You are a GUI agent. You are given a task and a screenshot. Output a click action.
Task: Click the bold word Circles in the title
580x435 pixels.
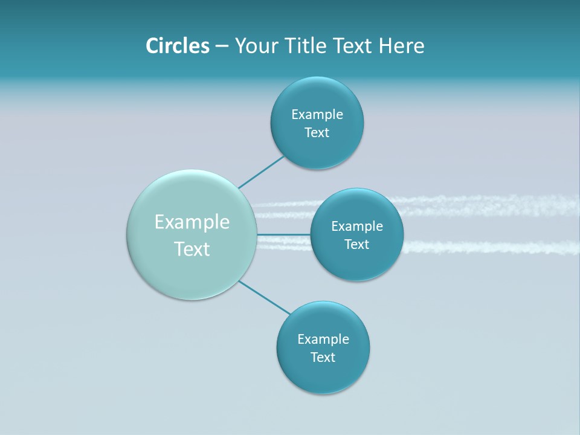coord(177,46)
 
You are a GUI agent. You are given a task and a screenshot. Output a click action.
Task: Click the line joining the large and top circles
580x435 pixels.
coord(261,172)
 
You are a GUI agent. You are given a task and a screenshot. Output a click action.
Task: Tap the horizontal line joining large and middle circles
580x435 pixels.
coord(283,234)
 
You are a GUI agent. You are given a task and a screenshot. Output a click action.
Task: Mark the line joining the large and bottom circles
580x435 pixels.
coord(265,297)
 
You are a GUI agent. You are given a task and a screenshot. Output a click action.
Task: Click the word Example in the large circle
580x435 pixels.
coord(192,222)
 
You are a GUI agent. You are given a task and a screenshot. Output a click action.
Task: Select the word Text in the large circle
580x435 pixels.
coord(192,249)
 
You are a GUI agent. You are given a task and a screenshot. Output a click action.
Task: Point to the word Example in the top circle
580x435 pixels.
coord(317,114)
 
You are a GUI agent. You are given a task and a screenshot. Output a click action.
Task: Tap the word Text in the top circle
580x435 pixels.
coord(317,133)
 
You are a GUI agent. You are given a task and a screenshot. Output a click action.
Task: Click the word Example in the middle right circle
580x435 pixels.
coord(357,227)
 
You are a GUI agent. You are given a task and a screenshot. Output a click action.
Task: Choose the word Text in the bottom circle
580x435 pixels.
coord(323,358)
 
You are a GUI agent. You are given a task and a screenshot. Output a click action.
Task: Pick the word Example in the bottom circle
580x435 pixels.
coord(323,340)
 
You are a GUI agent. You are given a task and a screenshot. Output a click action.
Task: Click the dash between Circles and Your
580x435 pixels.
coord(222,46)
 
